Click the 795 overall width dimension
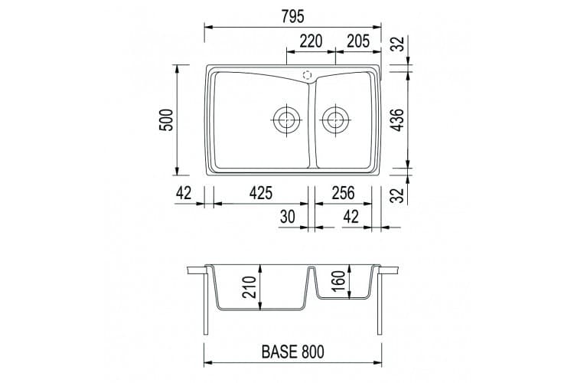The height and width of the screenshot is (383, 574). point(295,15)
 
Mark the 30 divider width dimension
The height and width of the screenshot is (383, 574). point(288,217)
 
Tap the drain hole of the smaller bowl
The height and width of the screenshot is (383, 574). point(334,119)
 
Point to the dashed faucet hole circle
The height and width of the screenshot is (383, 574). point(308,75)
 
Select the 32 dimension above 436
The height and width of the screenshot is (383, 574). point(398,44)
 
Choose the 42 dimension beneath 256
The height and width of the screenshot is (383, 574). point(351,217)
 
